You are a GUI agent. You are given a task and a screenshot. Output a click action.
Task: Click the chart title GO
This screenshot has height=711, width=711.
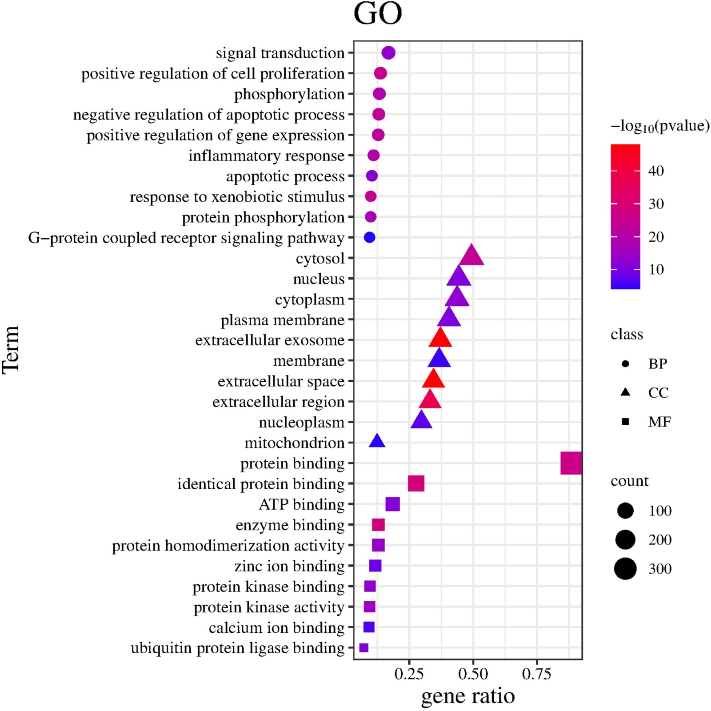tap(377, 14)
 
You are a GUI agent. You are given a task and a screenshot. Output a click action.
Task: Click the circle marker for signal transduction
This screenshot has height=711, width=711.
tap(388, 53)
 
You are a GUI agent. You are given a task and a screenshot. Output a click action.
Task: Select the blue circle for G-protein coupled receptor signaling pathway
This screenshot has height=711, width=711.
tap(369, 237)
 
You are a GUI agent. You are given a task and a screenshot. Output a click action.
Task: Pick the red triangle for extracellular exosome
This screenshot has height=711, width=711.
tap(440, 339)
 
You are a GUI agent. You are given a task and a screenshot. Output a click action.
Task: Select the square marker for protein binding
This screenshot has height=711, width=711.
tap(571, 463)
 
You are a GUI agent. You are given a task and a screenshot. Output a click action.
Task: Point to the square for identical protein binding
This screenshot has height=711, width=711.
tap(416, 483)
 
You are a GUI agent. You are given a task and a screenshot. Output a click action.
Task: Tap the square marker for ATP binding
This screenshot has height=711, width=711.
tap(392, 504)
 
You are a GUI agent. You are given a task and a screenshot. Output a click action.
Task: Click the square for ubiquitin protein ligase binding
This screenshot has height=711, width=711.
tap(363, 648)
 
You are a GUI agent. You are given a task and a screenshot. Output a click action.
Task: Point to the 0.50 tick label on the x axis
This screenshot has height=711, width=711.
tap(473, 674)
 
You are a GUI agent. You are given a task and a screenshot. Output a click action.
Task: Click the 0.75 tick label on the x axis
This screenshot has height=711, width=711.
tap(537, 674)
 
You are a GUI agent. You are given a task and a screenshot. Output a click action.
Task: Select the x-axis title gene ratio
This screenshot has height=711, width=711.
tap(468, 696)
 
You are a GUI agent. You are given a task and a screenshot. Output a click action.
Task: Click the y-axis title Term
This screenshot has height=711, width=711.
tap(11, 350)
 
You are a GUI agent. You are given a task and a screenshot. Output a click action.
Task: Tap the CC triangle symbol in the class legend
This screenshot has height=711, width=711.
tap(625, 392)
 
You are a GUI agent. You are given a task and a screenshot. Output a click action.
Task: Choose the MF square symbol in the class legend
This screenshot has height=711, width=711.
tap(625, 421)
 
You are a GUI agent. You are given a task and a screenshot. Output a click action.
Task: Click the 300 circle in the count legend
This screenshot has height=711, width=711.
tap(625, 569)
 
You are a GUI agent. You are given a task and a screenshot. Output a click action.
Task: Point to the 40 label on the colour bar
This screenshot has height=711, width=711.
tap(656, 171)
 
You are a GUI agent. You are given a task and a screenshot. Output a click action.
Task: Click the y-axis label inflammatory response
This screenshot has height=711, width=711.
tap(266, 156)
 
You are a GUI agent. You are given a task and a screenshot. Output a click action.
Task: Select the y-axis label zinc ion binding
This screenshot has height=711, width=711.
tap(289, 566)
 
